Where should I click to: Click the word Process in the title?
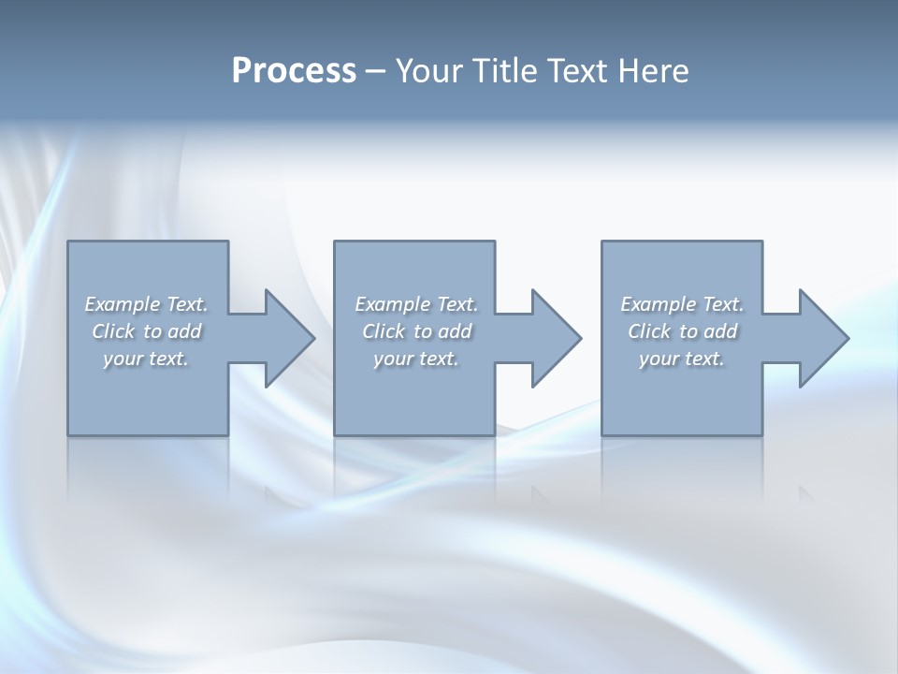tap(294, 71)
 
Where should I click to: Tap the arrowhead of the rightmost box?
tap(822, 338)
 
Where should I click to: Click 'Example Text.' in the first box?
tap(146, 304)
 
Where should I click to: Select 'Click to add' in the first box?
tap(147, 331)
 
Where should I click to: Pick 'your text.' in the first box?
tap(146, 359)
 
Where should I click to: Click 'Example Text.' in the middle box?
tap(416, 304)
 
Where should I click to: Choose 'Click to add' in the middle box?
tap(417, 331)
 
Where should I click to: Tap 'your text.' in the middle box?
tap(416, 359)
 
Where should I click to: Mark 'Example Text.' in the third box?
tap(682, 304)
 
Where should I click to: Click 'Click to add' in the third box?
tap(683, 331)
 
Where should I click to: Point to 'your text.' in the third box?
tap(682, 359)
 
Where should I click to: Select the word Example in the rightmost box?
tap(659, 304)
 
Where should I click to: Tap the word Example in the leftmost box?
tap(123, 304)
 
